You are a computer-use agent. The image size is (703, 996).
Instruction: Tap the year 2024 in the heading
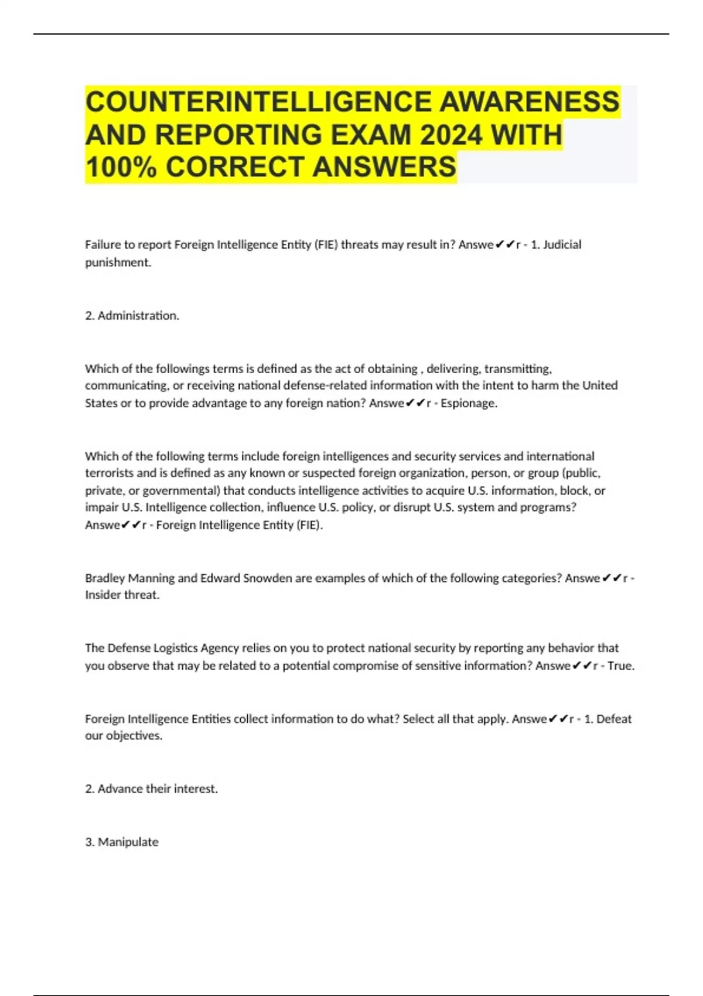click(451, 135)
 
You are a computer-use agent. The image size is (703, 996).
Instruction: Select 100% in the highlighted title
click(121, 167)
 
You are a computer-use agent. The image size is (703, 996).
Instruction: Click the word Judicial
click(562, 244)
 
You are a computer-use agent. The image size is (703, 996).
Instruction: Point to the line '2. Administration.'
click(132, 315)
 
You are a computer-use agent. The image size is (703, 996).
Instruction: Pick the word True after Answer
click(620, 666)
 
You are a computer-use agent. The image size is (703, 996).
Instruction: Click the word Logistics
click(175, 648)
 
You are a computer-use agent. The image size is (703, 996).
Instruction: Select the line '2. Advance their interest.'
click(152, 789)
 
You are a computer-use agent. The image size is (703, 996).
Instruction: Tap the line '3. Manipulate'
click(122, 842)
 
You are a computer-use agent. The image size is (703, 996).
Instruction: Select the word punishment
click(118, 262)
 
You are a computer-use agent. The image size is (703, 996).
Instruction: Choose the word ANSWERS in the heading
click(384, 167)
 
